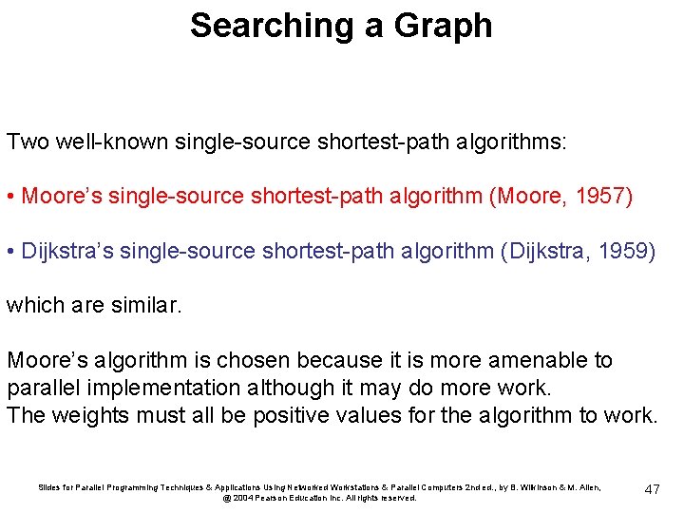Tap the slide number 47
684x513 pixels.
click(x=652, y=489)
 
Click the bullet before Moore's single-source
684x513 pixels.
click(x=10, y=197)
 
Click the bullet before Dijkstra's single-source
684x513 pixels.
click(x=10, y=251)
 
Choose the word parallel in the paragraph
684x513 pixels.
click(x=47, y=388)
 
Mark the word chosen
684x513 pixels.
click(x=256, y=360)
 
